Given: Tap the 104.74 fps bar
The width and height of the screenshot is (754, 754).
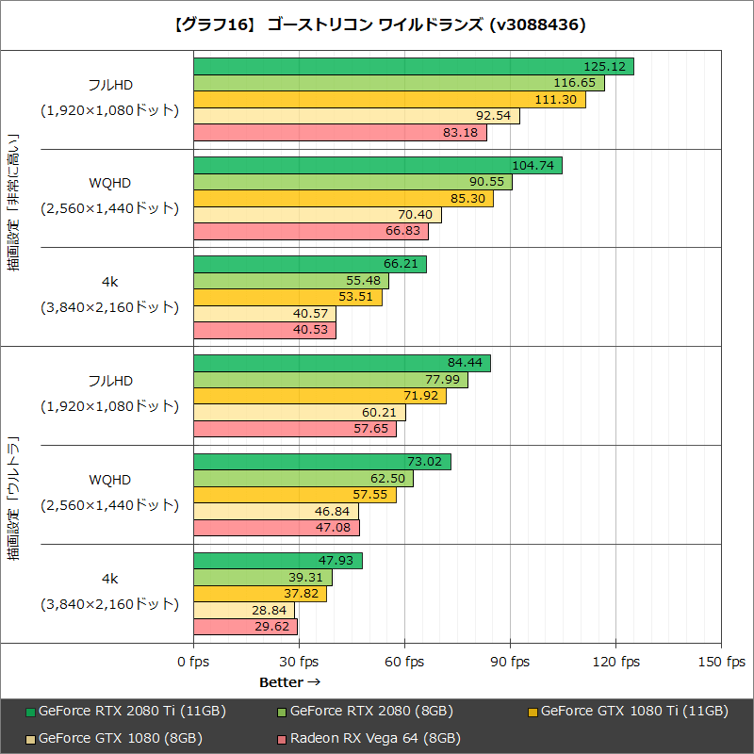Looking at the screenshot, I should coord(377,166).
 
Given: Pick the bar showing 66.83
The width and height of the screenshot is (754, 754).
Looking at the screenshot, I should coord(311,232).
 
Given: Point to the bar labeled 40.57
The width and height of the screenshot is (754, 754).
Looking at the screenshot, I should coord(265,314).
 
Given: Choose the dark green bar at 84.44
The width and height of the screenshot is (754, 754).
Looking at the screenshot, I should coord(341,364).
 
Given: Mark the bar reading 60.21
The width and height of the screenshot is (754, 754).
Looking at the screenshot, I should coord(299,413).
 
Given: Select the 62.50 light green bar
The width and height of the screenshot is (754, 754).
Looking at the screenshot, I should coord(303,479).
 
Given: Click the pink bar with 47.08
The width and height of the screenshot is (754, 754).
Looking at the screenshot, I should coord(276,528).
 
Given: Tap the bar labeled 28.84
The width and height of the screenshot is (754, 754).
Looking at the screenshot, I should coord(244,611).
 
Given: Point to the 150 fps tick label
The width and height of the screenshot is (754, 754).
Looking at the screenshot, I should coord(722,662).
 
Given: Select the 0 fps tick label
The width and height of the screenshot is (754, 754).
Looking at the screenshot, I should coord(193,662).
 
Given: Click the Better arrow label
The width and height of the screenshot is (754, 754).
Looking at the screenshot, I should coord(290,682).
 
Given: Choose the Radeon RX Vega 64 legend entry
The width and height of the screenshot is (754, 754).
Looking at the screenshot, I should coord(369,738).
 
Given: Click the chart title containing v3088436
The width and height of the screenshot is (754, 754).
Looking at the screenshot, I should coord(377,24).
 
